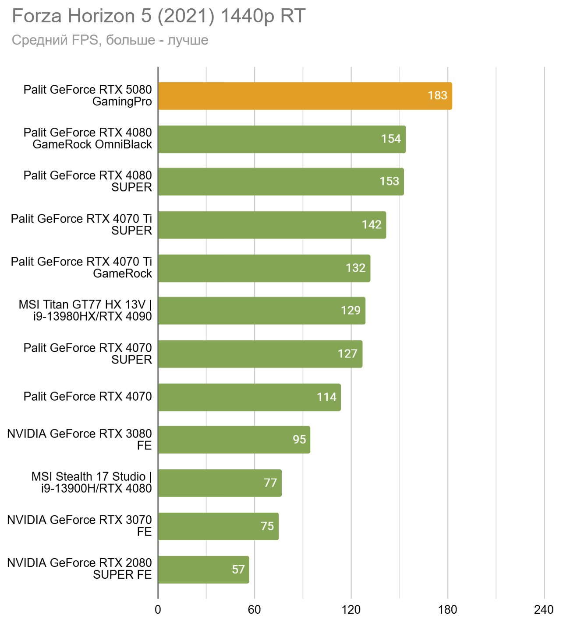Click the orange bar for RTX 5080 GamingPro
[x=305, y=96]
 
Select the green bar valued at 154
[x=282, y=139]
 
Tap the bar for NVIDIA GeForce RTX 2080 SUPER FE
[x=203, y=570]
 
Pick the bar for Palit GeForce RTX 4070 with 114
[x=249, y=397]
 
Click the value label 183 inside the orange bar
[x=437, y=95]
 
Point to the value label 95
[x=299, y=440]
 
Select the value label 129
[x=351, y=311]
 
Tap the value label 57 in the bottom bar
[x=238, y=570]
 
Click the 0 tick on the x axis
[x=158, y=610]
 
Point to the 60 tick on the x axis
[x=255, y=610]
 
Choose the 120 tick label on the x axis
[x=351, y=610]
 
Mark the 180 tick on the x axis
[x=448, y=610]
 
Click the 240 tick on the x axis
[x=544, y=610]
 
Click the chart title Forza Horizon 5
[x=158, y=16]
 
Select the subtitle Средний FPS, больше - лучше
[x=110, y=40]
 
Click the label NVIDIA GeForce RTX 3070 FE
[x=79, y=525]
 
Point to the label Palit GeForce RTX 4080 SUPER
[x=88, y=181]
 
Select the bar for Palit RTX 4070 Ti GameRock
[x=264, y=268]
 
